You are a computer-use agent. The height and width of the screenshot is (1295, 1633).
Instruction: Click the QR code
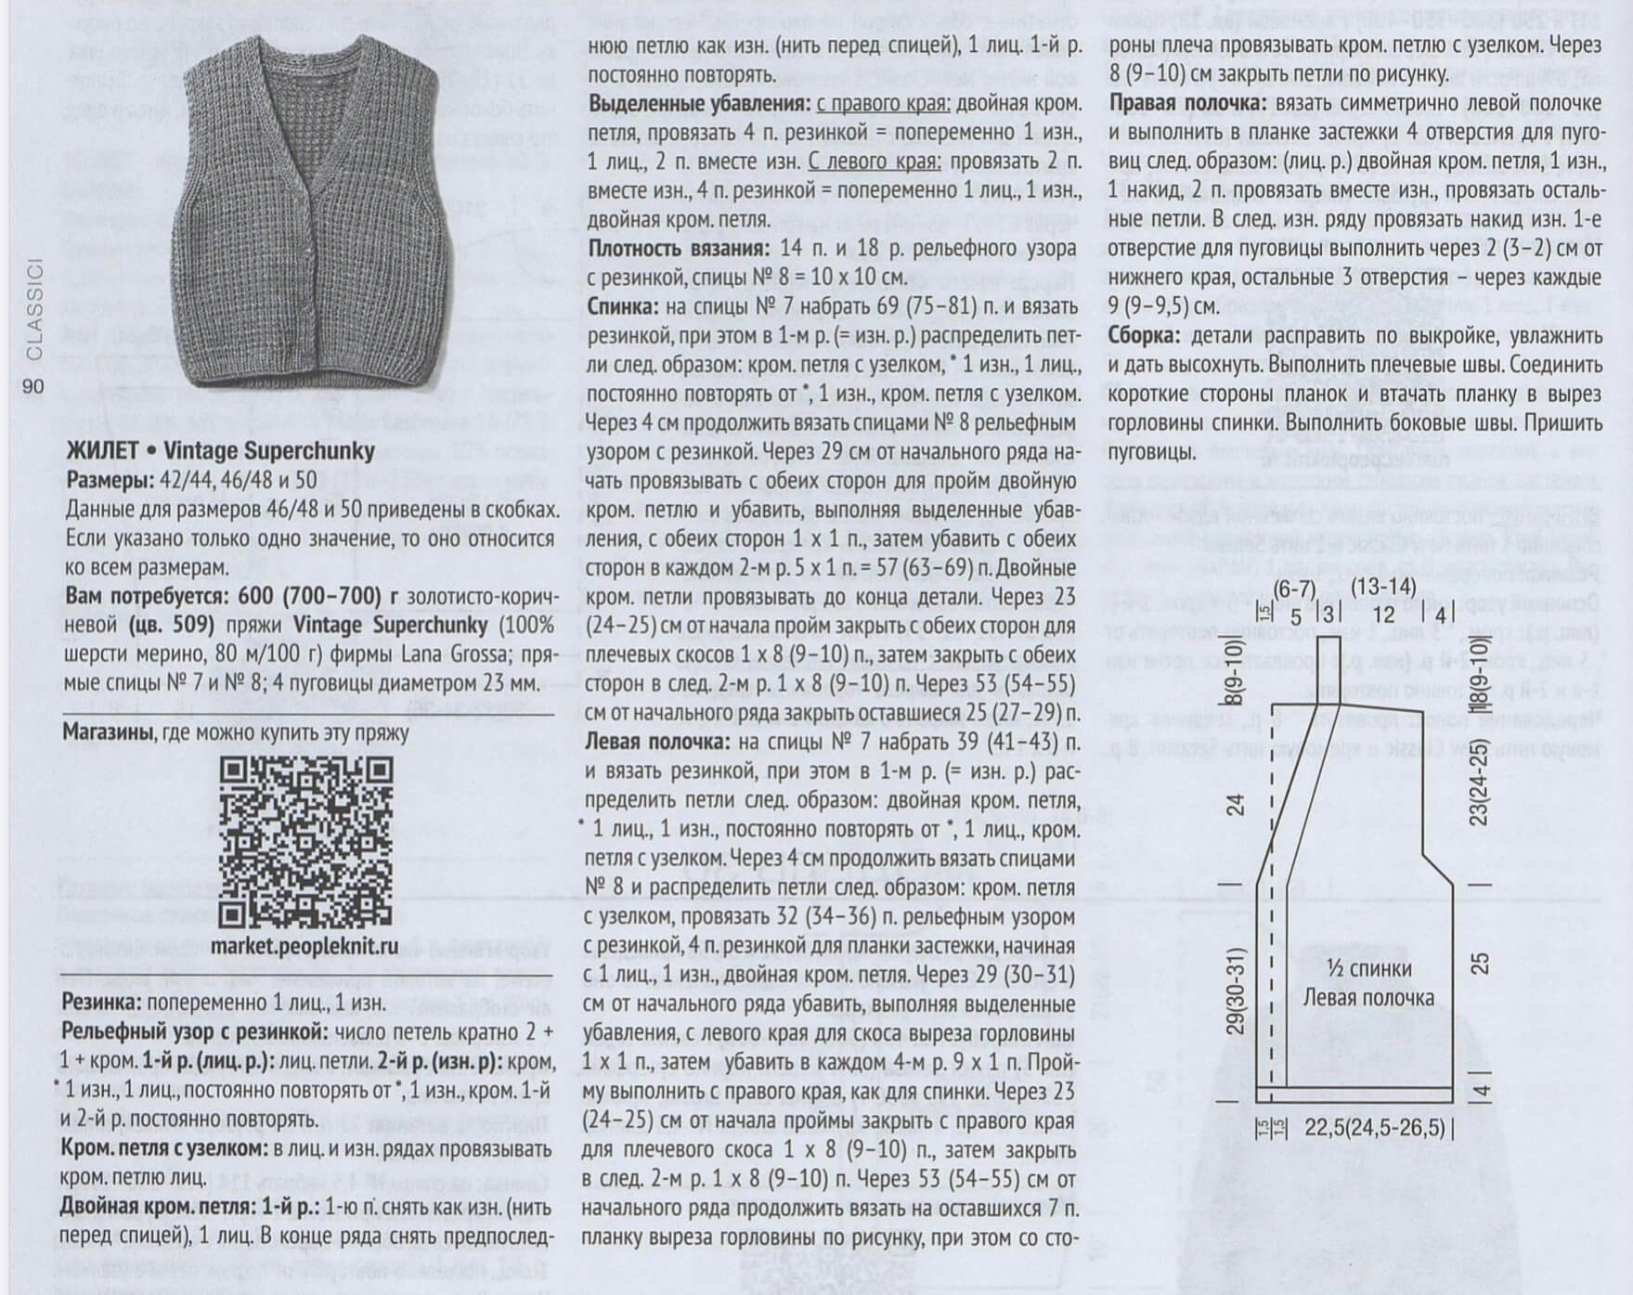click(x=305, y=841)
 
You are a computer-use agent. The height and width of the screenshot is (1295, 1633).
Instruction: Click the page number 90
click(x=32, y=386)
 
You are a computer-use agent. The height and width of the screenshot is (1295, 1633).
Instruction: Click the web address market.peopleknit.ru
click(x=305, y=946)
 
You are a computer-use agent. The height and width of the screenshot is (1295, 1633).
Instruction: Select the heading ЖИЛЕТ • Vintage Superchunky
click(x=221, y=451)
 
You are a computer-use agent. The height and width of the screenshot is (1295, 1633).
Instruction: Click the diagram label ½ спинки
click(x=1368, y=969)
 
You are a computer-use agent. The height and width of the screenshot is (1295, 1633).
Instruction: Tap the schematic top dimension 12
click(x=1383, y=614)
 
